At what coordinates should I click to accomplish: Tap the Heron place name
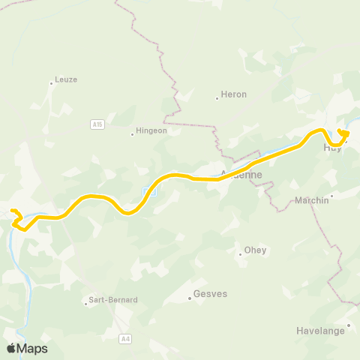[x=233, y=94]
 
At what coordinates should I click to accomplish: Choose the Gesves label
[x=209, y=295]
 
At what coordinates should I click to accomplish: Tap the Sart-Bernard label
[x=112, y=299]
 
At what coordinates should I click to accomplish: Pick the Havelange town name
[x=324, y=331]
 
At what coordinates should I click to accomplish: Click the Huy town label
[x=332, y=148]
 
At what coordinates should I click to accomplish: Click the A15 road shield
[x=97, y=124]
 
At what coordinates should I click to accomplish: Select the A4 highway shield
[x=125, y=339]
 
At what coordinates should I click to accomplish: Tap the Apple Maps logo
[x=27, y=348]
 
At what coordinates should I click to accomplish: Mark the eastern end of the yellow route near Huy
[x=340, y=131]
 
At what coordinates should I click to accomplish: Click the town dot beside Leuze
[x=51, y=83]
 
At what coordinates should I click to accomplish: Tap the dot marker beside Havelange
[x=349, y=325]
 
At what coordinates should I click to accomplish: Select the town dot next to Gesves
[x=190, y=298]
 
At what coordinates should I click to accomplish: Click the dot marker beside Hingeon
[x=132, y=135]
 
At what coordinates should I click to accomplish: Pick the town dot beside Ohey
[x=240, y=254]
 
